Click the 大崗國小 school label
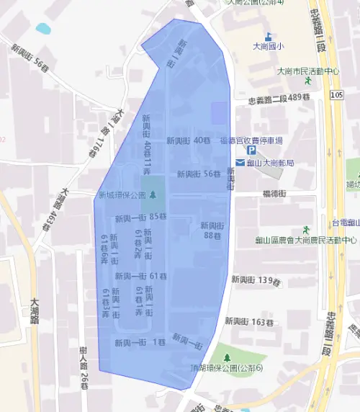click(x=267, y=47)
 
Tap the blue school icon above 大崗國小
click(x=268, y=35)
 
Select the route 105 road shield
click(x=338, y=94)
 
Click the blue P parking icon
click(x=251, y=151)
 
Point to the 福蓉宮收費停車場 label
click(x=251, y=140)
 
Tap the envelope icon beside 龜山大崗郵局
click(x=240, y=163)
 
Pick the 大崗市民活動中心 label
click(x=308, y=71)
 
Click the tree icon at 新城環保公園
click(x=152, y=194)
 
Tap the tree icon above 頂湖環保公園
click(x=228, y=357)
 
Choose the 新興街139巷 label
click(x=255, y=279)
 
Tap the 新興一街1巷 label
click(x=140, y=341)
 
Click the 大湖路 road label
click(x=34, y=314)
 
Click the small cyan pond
click(x=43, y=29)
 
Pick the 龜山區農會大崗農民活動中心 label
click(x=306, y=240)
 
